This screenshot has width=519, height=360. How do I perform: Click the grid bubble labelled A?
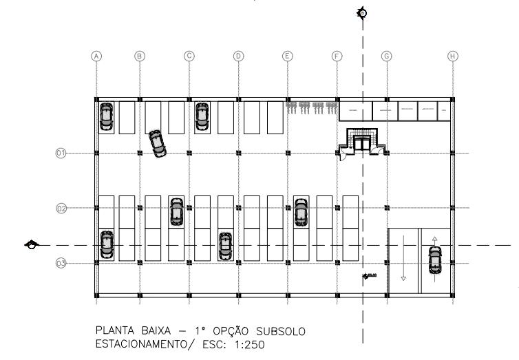pos(97,56)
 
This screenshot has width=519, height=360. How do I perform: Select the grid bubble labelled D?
pos(239,56)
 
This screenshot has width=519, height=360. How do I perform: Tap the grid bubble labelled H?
pos(452,56)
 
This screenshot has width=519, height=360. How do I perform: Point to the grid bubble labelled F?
pos(337,56)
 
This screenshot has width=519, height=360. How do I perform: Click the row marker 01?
pos(61,153)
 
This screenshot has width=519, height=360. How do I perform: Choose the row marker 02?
pos(61,207)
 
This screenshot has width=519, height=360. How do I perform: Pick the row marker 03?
pos(61,263)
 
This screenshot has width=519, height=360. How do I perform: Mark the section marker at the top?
pos(362,13)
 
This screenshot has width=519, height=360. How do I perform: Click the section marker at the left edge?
pos(30,244)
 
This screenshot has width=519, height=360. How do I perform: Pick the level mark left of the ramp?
pos(369,277)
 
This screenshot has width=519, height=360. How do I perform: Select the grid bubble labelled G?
pos(387,56)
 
